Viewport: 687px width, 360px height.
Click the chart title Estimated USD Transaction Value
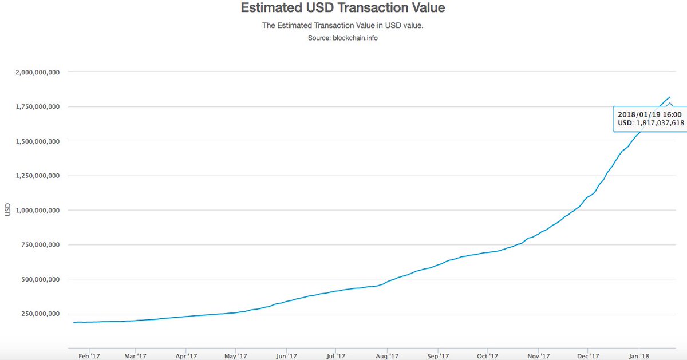[342, 9]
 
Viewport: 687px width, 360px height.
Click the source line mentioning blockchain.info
[342, 38]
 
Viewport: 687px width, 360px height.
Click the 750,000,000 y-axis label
[40, 245]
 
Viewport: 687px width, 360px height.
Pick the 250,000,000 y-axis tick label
[40, 314]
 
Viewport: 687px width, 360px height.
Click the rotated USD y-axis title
[7, 210]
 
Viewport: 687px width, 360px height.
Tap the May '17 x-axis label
[236, 355]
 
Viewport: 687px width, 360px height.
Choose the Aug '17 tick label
[387, 355]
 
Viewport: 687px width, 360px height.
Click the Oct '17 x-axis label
[487, 355]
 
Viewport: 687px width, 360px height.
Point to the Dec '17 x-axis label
[588, 355]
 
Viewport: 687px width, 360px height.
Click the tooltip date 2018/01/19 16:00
[650, 114]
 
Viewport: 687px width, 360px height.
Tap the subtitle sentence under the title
[342, 26]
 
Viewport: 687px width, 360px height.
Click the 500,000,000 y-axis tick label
[40, 279]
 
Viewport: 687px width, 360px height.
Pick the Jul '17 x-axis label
[337, 355]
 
